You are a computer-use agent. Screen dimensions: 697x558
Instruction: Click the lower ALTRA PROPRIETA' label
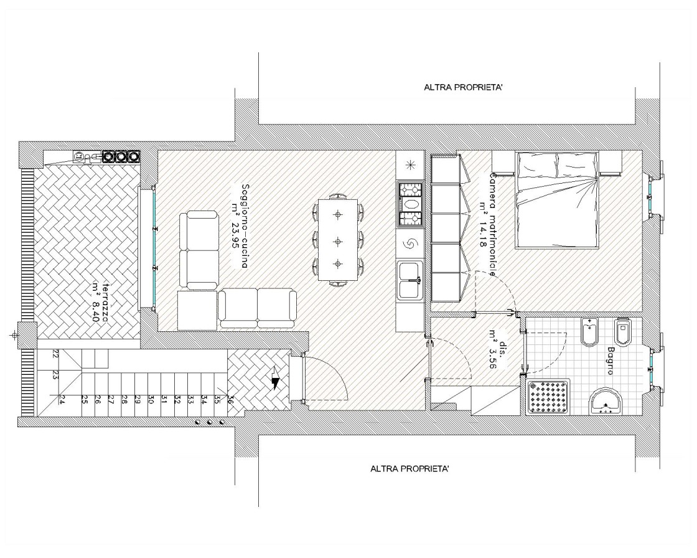click(x=410, y=468)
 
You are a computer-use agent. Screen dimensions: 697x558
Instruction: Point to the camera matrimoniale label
click(x=488, y=222)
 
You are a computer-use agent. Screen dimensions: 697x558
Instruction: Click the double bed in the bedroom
click(x=556, y=199)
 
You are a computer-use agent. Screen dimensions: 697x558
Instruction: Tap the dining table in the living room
click(x=339, y=240)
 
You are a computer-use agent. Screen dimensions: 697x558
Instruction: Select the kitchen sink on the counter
click(x=410, y=280)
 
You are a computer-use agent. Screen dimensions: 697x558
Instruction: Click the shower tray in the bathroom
click(x=548, y=397)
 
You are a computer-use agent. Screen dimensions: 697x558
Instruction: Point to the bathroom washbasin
click(x=606, y=402)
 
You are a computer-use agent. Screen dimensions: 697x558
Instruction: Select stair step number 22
click(x=56, y=354)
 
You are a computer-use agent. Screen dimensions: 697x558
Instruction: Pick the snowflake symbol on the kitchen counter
click(x=410, y=164)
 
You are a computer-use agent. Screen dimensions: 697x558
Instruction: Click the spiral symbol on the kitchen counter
click(x=410, y=244)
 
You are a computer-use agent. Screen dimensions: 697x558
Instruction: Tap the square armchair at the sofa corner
click(x=197, y=310)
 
